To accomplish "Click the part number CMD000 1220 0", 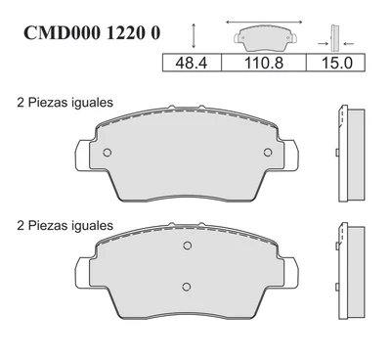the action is pos(92,32).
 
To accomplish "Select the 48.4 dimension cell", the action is pos(192,63).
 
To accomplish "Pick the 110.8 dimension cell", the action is pos(264,63).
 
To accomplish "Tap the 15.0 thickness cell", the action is pos(335,63).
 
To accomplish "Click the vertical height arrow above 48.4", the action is pos(194,36).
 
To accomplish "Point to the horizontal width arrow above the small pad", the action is pos(264,22).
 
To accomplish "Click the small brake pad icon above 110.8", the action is pos(265,38).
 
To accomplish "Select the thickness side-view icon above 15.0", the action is pos(335,38).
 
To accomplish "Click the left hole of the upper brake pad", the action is pos(108,153).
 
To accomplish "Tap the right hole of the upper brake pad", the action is pos(268,153).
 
